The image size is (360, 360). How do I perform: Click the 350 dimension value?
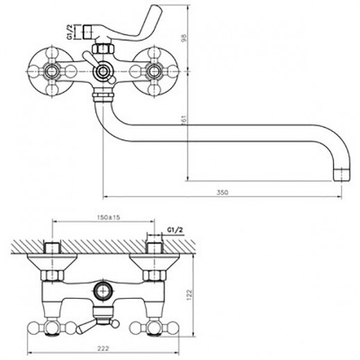[x=222, y=193]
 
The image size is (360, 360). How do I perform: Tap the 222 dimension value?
[x=103, y=348]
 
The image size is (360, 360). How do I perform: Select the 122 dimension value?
[x=189, y=295]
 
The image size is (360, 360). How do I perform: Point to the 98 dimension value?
[x=183, y=38]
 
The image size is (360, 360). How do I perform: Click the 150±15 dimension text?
[x=108, y=218]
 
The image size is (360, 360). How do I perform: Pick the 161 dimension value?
[x=184, y=120]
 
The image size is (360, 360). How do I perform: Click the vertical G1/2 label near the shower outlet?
[x=71, y=32]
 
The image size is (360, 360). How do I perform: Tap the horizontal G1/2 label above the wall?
[x=175, y=230]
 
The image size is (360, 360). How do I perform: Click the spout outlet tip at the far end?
[x=342, y=174]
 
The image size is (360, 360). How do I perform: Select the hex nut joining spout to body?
[x=103, y=96]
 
